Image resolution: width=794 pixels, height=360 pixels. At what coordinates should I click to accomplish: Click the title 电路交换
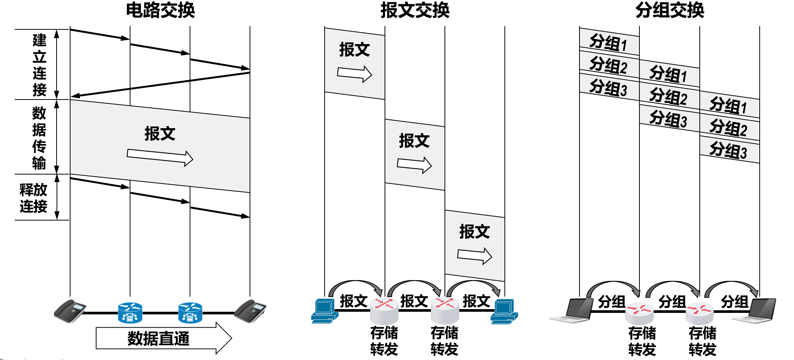pyautogui.click(x=160, y=10)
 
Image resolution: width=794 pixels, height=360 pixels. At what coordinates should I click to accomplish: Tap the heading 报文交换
pyautogui.click(x=415, y=10)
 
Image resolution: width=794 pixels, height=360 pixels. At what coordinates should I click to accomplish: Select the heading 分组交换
pyautogui.click(x=670, y=10)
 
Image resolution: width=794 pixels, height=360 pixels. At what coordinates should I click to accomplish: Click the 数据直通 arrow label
pyautogui.click(x=158, y=338)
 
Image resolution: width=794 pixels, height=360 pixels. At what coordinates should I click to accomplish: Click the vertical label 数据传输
pyautogui.click(x=39, y=138)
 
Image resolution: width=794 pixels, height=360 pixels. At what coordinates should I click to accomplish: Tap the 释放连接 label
pyautogui.click(x=34, y=198)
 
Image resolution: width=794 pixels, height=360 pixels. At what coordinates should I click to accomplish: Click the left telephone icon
pyautogui.click(x=70, y=311)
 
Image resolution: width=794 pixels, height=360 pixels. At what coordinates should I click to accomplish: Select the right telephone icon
pyautogui.click(x=250, y=311)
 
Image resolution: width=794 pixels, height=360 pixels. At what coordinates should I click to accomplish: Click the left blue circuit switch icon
pyautogui.click(x=130, y=313)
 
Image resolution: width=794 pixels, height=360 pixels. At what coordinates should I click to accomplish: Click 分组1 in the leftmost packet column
pyautogui.click(x=609, y=43)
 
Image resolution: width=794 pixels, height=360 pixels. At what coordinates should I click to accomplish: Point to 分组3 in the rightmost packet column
pyautogui.click(x=728, y=150)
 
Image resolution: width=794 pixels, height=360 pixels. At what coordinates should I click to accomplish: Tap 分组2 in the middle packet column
pyautogui.click(x=668, y=96)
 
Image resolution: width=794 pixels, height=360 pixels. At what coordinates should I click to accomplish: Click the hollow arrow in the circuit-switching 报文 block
pyautogui.click(x=160, y=158)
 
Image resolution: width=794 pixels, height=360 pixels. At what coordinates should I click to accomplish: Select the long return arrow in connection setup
pyautogui.click(x=160, y=84)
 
